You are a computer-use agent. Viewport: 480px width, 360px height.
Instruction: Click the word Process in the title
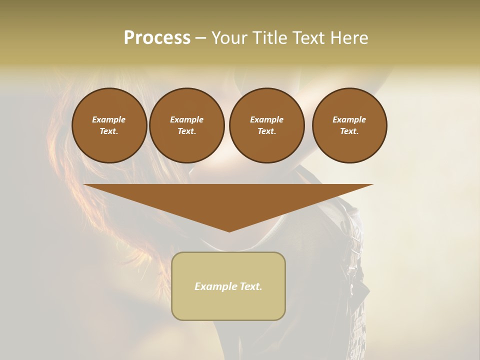click(x=157, y=38)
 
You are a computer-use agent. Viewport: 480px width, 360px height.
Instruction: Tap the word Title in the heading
click(x=268, y=38)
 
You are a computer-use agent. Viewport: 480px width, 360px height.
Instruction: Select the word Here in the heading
click(x=348, y=38)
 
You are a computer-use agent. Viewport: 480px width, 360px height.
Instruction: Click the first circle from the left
click(x=109, y=125)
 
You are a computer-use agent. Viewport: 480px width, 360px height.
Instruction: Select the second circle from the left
click(x=186, y=125)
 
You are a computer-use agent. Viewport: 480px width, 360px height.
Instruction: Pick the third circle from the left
click(x=266, y=125)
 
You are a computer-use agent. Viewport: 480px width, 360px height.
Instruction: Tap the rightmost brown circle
click(x=349, y=125)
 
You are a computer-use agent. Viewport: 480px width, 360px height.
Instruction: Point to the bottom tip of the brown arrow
click(x=229, y=231)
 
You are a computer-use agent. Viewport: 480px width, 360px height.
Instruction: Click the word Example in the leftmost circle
click(x=109, y=119)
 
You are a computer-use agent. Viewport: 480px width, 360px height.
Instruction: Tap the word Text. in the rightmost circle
click(x=349, y=131)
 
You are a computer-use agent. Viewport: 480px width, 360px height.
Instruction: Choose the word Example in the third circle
click(x=266, y=119)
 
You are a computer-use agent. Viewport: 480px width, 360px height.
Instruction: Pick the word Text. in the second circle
click(x=186, y=131)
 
